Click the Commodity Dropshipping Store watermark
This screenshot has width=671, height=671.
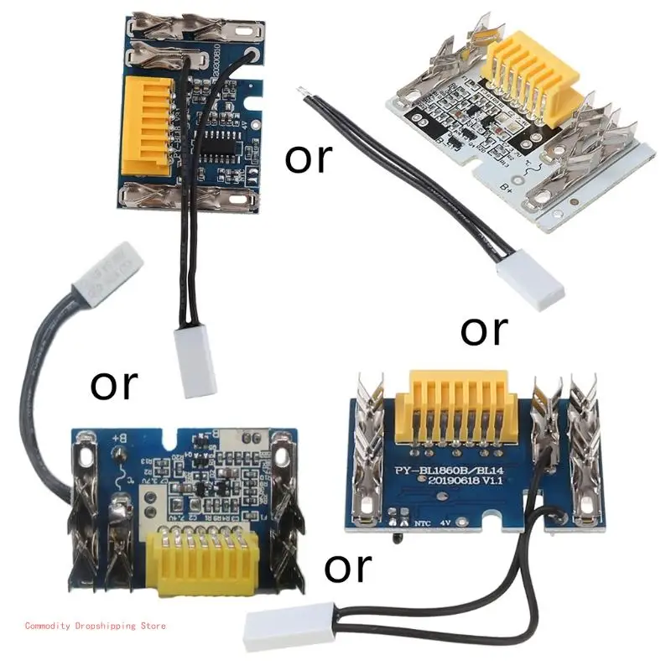coord(96,626)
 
